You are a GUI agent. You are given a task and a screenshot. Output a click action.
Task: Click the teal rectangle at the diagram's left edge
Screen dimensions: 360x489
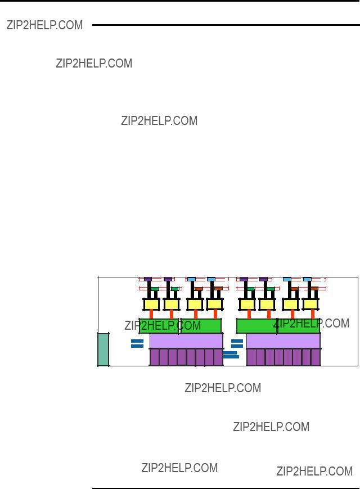click(103, 349)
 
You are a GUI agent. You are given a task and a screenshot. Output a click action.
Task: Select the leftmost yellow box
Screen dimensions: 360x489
click(151, 304)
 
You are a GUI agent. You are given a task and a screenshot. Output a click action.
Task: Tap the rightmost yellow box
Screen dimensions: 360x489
click(310, 304)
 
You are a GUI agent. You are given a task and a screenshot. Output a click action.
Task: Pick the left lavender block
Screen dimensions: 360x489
click(186, 341)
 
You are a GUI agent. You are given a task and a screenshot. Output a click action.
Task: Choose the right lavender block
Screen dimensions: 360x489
click(283, 341)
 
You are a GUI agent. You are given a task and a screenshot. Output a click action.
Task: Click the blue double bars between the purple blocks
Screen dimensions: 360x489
click(231, 355)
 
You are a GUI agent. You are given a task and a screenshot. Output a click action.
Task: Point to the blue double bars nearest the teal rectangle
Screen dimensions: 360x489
click(137, 343)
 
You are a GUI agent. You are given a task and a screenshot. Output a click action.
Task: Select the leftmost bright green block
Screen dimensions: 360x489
click(159, 326)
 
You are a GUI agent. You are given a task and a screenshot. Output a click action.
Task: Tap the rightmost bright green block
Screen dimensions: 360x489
click(299, 326)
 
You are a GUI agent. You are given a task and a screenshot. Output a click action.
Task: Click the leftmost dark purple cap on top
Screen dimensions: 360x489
click(148, 279)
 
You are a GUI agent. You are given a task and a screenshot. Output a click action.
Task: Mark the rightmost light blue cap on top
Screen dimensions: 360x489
click(307, 279)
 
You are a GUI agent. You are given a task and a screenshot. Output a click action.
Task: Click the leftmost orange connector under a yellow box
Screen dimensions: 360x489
click(151, 314)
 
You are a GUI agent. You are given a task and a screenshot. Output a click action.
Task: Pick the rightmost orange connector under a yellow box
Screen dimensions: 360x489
click(313, 314)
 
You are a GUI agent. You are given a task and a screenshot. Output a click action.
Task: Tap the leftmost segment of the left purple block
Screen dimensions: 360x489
click(155, 357)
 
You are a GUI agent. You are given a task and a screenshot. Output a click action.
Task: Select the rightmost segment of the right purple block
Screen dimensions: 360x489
click(316, 357)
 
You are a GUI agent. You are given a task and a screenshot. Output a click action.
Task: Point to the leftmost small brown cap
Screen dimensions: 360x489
click(199, 289)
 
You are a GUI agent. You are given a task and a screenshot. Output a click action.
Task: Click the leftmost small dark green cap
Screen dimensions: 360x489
click(155, 289)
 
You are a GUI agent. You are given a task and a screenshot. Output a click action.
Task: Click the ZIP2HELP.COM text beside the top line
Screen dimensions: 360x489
click(44, 25)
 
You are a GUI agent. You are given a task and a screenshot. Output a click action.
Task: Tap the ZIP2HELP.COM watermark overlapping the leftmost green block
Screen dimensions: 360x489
click(163, 326)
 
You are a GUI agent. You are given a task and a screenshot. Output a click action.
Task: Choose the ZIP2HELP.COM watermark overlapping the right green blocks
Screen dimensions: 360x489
click(311, 324)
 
